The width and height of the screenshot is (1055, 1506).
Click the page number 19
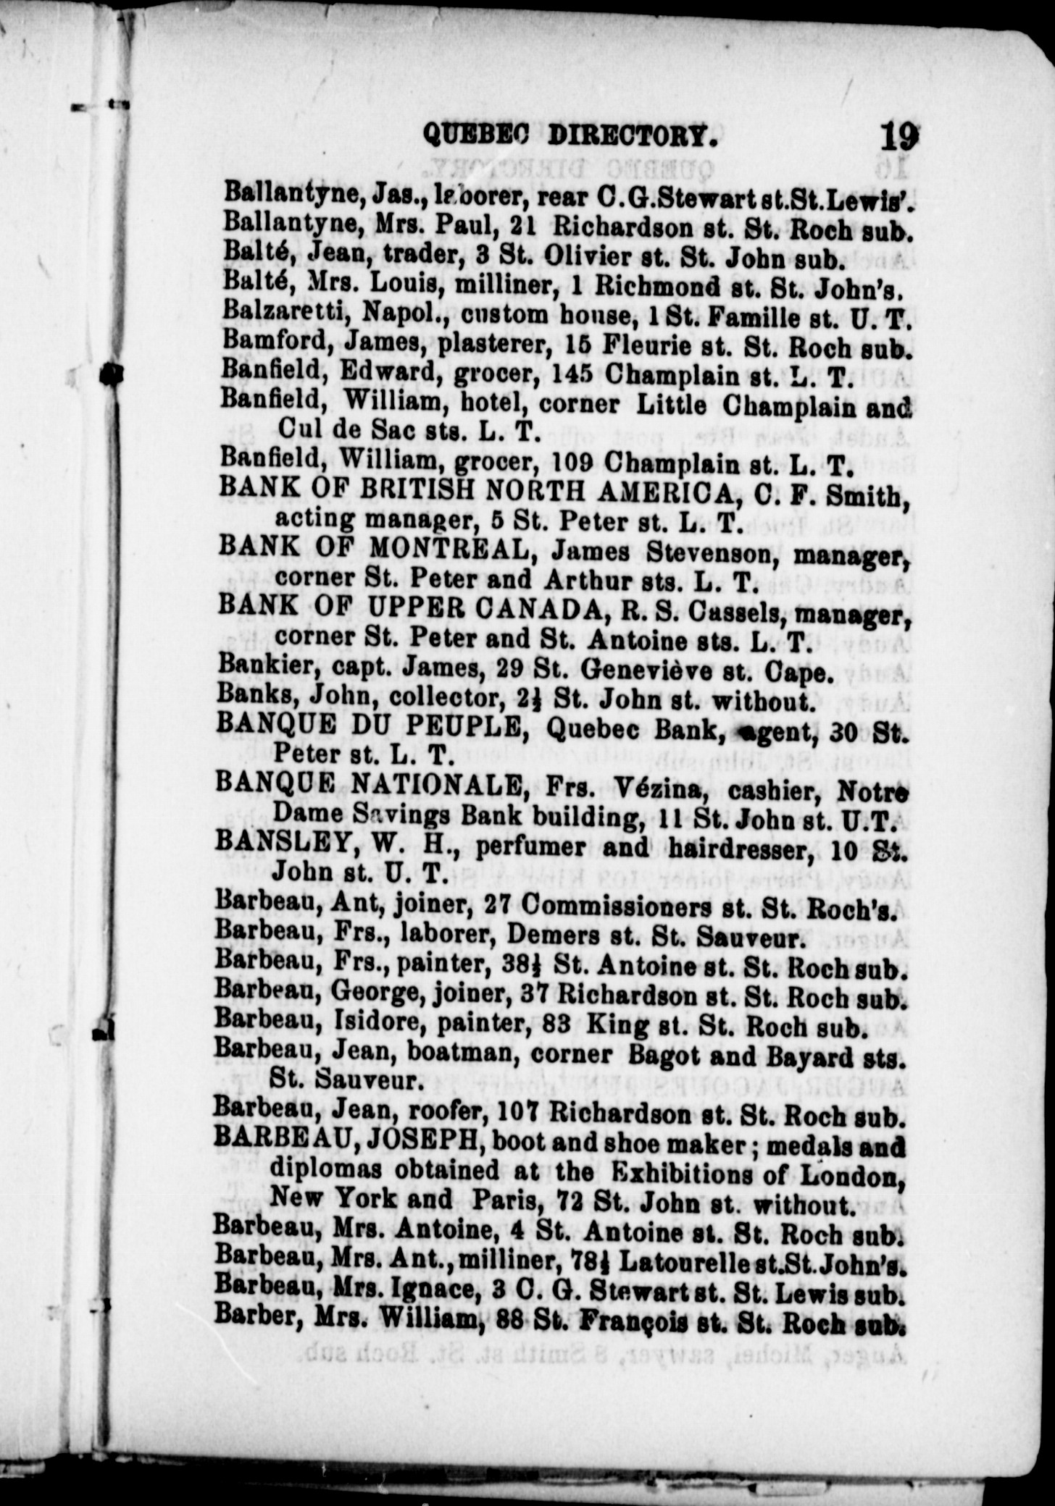click(x=899, y=135)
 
